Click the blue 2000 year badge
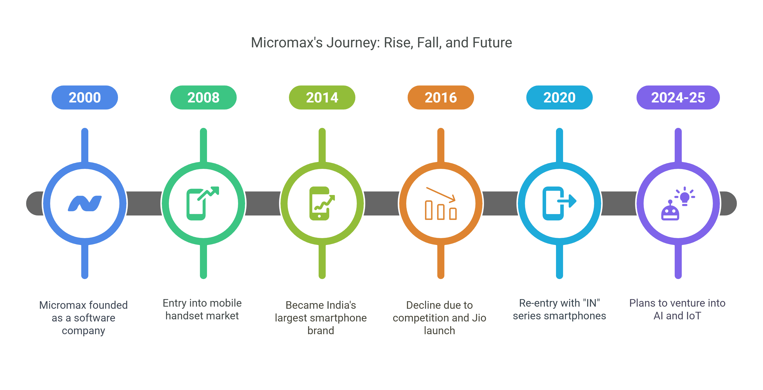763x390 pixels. click(x=85, y=97)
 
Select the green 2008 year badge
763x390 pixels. click(x=203, y=97)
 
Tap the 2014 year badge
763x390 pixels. click(x=322, y=97)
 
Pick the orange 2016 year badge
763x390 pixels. click(x=441, y=97)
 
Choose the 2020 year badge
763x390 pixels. click(x=559, y=97)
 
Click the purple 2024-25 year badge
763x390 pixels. click(x=678, y=97)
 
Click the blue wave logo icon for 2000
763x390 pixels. click(x=85, y=203)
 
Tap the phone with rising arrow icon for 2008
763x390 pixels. click(x=203, y=203)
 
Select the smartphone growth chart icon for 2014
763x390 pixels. click(x=322, y=203)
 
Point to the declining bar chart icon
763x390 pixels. click(x=441, y=203)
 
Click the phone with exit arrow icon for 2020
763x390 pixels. click(x=559, y=203)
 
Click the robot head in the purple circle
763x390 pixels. click(x=670, y=211)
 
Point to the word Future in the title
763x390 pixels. click(x=492, y=43)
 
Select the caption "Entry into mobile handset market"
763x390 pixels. click(x=202, y=309)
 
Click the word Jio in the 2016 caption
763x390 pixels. click(x=479, y=318)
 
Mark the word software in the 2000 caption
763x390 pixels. click(x=94, y=318)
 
